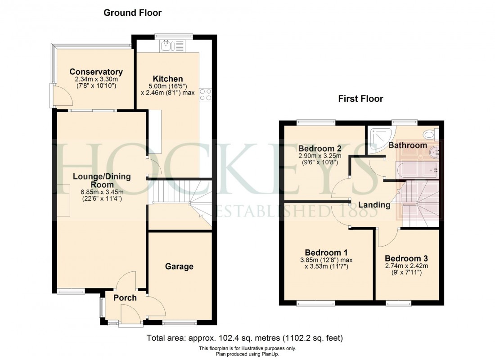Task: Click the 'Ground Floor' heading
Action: [x=132, y=13]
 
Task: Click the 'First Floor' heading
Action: [x=360, y=99]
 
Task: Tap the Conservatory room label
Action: [x=96, y=72]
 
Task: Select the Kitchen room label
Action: [x=167, y=79]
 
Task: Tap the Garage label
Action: [x=179, y=266]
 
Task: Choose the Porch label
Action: [x=125, y=297]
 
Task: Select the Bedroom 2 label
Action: [x=320, y=148]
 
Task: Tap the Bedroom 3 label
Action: [x=406, y=259]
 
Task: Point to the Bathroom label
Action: [x=407, y=145]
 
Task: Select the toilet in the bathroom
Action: [x=430, y=133]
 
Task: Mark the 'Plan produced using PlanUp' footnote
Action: [x=247, y=354]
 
